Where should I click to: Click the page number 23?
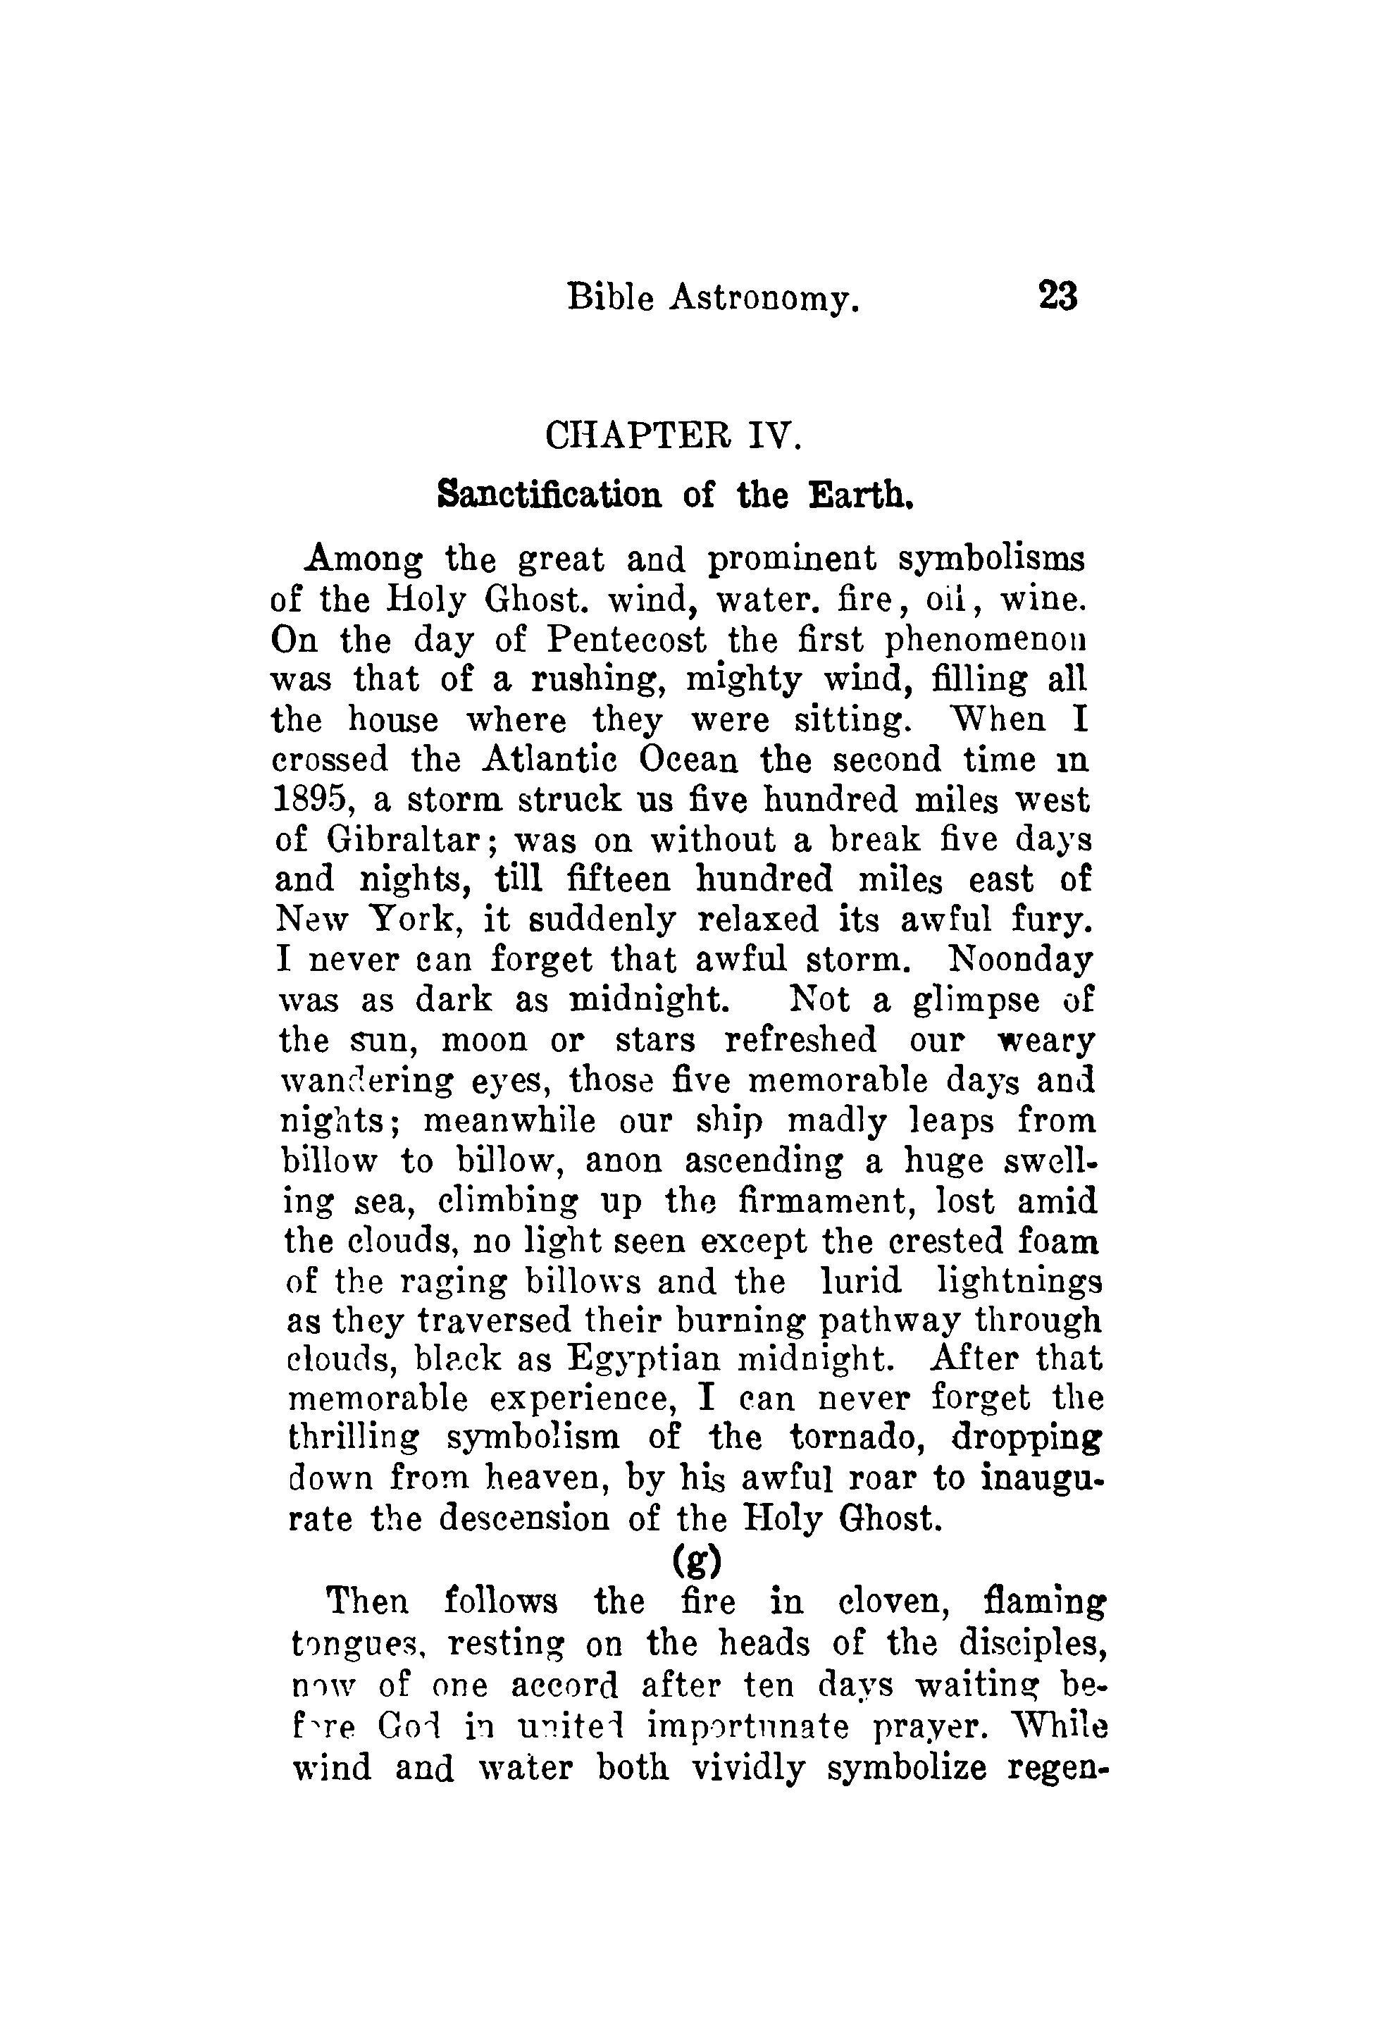coord(1057,297)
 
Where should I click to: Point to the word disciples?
coord(1032,1644)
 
